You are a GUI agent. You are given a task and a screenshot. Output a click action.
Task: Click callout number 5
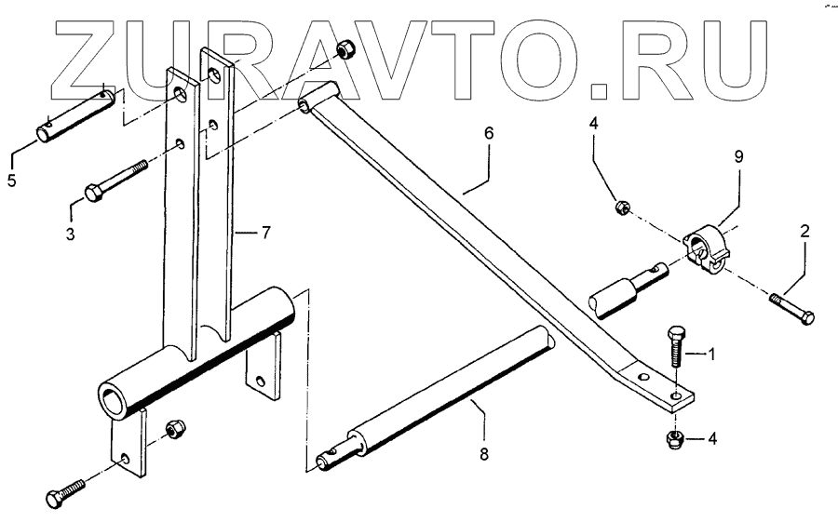pyautogui.click(x=11, y=181)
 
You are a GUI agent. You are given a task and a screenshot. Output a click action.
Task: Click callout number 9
pyautogui.click(x=738, y=158)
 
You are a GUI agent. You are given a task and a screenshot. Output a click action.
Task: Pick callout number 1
pyautogui.click(x=713, y=354)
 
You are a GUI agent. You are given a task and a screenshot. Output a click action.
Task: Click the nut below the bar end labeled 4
pyautogui.click(x=674, y=439)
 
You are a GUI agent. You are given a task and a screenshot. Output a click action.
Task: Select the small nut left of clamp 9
pyautogui.click(x=621, y=207)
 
